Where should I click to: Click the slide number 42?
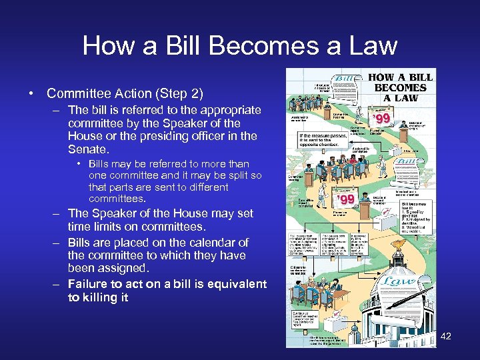[446, 336]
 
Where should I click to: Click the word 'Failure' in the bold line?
[88, 284]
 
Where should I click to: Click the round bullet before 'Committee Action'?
[32, 93]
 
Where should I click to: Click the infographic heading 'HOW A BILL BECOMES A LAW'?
[400, 87]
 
